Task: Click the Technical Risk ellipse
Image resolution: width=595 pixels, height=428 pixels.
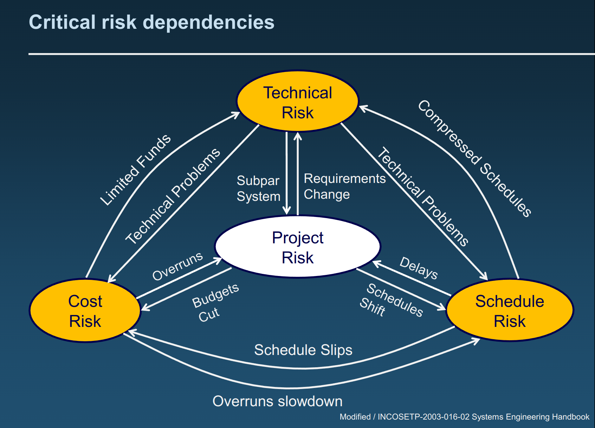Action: tap(297, 101)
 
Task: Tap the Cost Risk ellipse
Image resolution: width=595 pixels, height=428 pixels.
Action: tap(85, 310)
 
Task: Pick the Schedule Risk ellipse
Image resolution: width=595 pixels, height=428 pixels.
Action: tap(509, 310)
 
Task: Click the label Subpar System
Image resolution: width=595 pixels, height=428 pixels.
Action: tap(258, 189)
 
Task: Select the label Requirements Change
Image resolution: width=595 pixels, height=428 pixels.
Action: tap(344, 186)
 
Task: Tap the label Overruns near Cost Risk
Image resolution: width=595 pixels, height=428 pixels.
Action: tap(177, 266)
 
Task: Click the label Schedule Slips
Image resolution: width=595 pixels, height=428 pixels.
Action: tap(303, 350)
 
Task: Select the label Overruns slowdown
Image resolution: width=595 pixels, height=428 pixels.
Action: tap(277, 401)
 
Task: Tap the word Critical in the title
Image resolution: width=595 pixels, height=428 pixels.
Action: tap(62, 22)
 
